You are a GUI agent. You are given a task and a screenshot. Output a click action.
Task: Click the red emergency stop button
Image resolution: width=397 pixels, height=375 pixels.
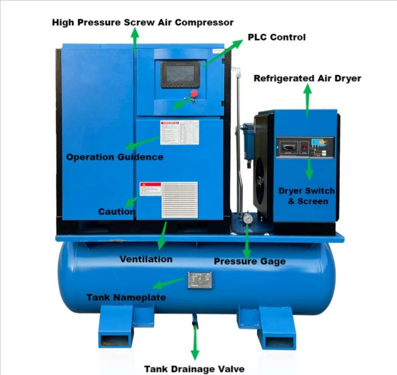[194, 93]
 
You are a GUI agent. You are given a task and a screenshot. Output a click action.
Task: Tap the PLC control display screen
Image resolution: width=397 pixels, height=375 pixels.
[180, 74]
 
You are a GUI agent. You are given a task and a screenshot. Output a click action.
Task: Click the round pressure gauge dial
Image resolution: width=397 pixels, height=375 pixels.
[247, 219]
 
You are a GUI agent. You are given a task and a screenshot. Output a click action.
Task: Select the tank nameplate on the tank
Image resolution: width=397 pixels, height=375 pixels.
[199, 280]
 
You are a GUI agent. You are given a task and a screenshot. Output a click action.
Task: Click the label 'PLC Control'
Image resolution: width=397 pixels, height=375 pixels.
[276, 37]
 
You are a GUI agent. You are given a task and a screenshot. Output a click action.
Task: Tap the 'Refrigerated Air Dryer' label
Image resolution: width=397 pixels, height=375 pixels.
[307, 79]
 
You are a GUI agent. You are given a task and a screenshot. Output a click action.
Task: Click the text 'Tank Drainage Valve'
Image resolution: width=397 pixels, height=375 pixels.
[194, 369]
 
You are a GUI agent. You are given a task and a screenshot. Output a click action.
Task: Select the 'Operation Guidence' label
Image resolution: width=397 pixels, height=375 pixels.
[115, 157]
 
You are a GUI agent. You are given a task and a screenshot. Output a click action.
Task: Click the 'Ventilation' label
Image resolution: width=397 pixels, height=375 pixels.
[146, 259]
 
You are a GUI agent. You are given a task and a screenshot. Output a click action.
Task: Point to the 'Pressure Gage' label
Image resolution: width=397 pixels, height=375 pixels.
[249, 261]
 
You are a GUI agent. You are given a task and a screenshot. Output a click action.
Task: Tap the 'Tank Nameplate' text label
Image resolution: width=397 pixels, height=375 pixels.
[126, 297]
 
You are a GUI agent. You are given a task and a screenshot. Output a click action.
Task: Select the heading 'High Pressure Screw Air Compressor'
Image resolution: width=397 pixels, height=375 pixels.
[142, 22]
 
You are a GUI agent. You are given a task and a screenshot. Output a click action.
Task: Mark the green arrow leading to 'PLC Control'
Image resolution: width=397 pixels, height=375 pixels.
[223, 53]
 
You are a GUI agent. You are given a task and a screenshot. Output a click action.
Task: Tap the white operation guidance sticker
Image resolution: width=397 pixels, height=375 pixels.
[179, 132]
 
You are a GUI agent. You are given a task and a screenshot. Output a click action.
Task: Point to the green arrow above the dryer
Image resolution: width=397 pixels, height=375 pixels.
[307, 100]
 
